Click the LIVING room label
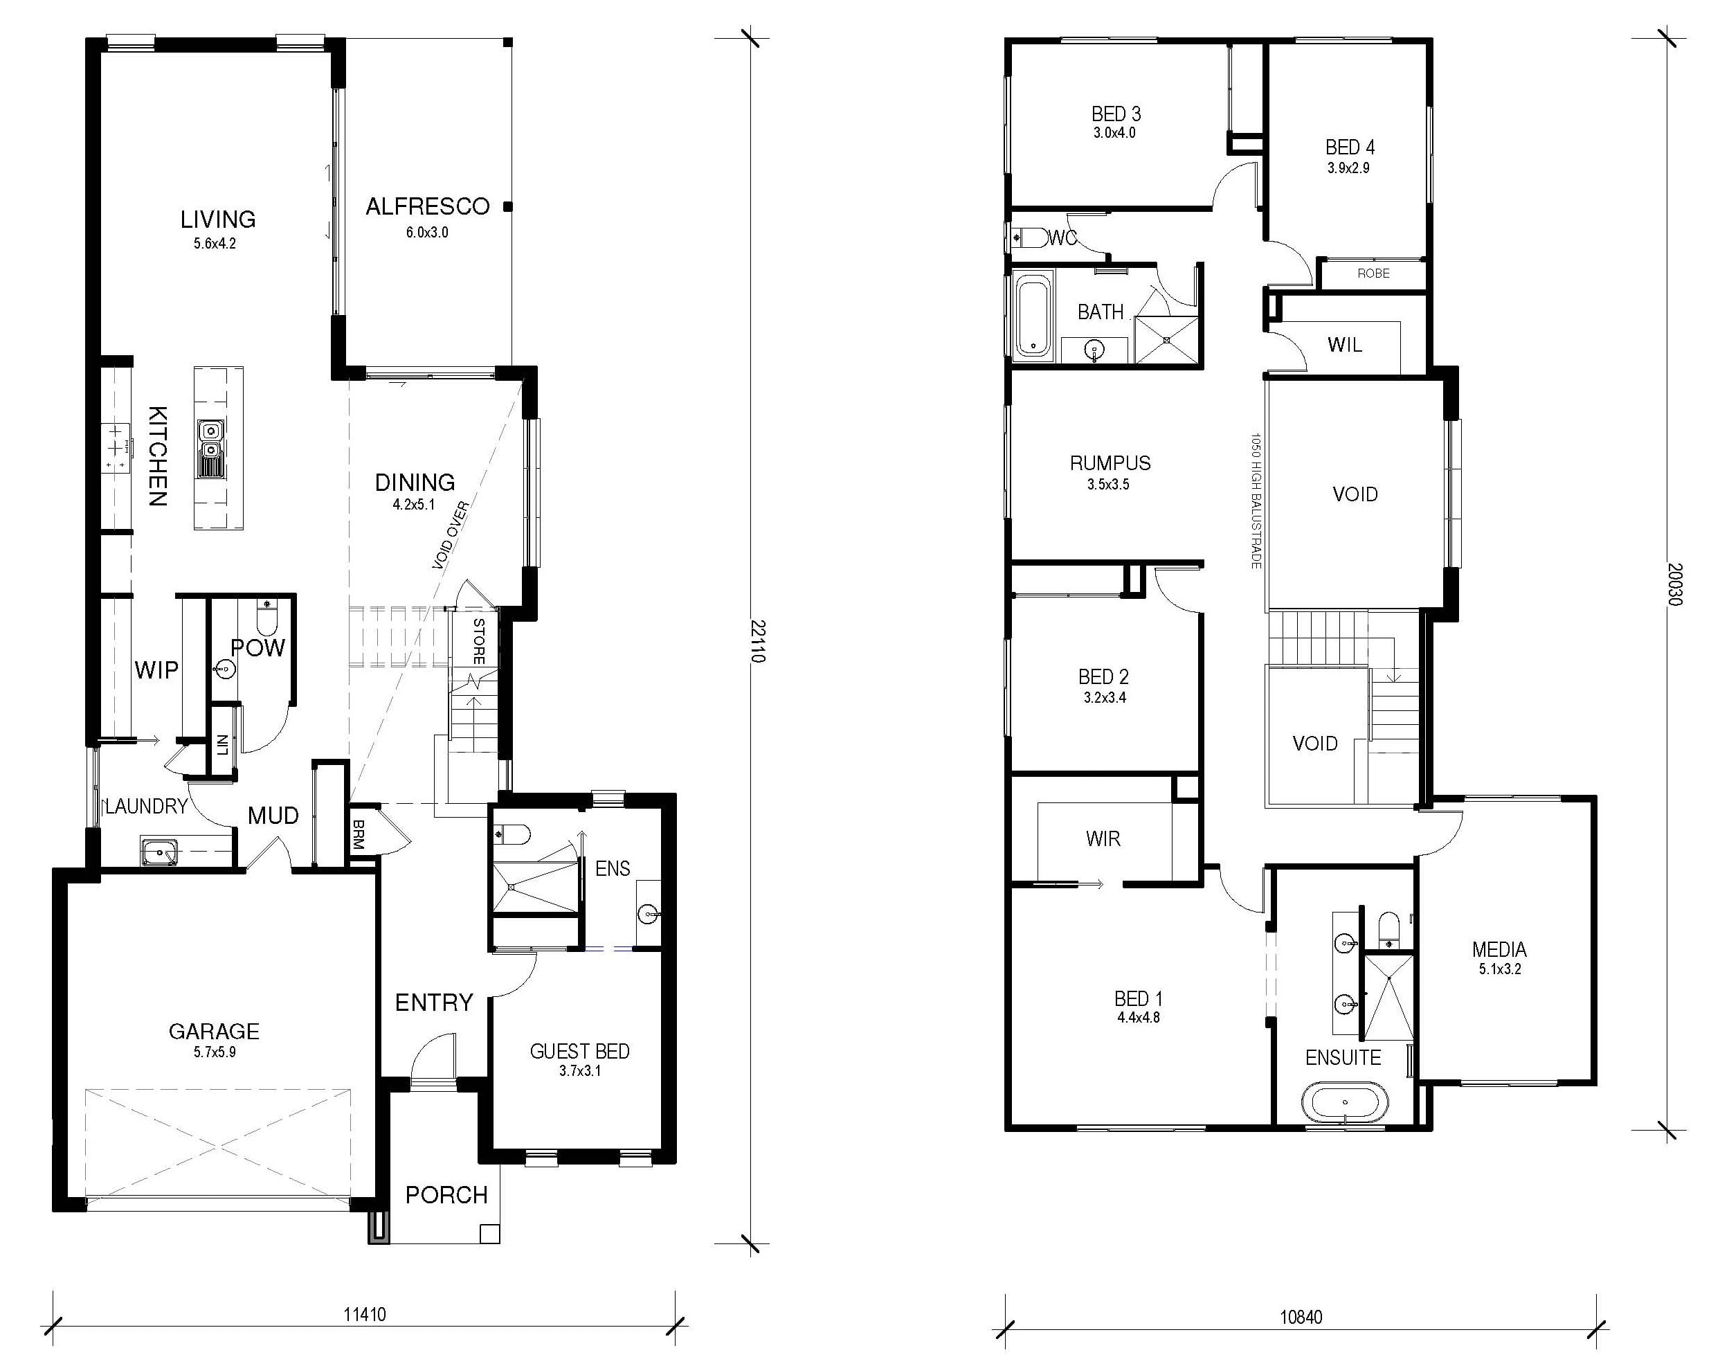click(218, 219)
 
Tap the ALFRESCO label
click(428, 206)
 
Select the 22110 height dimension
click(758, 642)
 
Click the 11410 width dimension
click(365, 1314)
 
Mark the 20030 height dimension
click(1675, 585)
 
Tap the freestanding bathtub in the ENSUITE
click(1345, 1102)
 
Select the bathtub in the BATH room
click(1034, 315)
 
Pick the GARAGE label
click(214, 1031)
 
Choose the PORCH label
click(446, 1194)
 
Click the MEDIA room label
click(1500, 949)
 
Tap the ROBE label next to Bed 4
click(1374, 273)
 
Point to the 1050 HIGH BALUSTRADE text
click(1256, 501)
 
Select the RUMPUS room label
click(1110, 462)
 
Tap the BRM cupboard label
click(359, 833)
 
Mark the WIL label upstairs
click(1345, 345)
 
